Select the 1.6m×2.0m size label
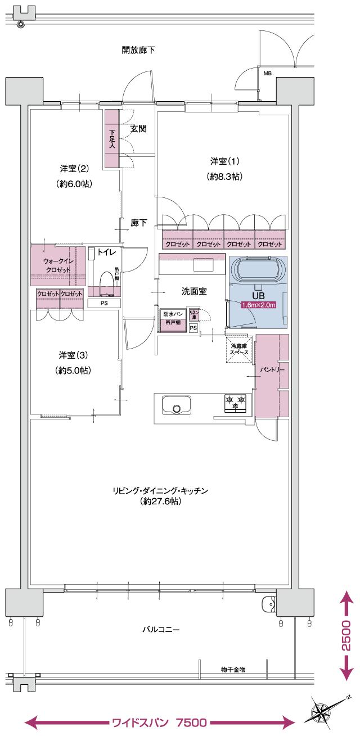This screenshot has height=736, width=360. click(258, 305)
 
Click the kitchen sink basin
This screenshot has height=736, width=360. click(177, 406)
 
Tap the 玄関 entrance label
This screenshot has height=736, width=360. click(138, 129)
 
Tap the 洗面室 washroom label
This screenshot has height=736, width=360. click(193, 291)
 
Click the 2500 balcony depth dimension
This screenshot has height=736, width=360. click(346, 635)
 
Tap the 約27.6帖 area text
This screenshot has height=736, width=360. click(160, 501)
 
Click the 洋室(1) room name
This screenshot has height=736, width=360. click(224, 161)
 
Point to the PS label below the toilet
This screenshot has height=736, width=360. click(103, 303)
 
